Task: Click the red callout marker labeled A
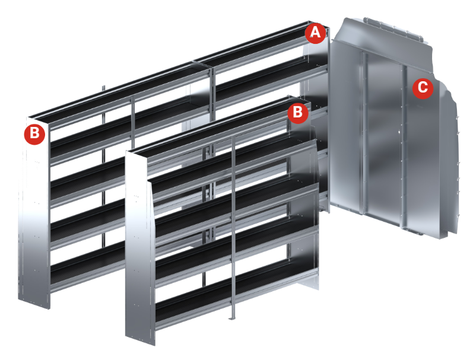(315, 33)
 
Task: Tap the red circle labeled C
(423, 88)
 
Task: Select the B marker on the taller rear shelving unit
(34, 134)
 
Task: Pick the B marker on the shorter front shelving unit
(298, 113)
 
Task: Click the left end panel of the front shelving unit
(139, 247)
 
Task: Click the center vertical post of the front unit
(233, 226)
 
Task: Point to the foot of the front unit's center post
(231, 317)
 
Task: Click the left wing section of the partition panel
(347, 127)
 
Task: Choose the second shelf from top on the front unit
(232, 163)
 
